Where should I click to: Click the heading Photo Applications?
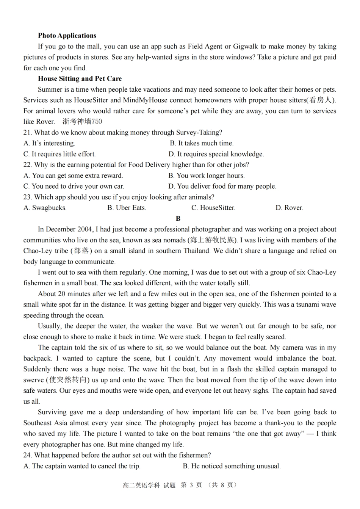point(67,36)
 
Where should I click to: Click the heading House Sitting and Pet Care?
point(80,79)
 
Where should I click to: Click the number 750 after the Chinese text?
point(97,122)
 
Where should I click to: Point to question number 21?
point(27,133)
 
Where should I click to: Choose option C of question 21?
point(59,154)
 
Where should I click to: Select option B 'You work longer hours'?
point(207,176)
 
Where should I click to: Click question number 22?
point(27,165)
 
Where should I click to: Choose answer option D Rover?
point(289,208)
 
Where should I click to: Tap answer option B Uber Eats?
point(127,208)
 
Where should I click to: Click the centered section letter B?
point(178,219)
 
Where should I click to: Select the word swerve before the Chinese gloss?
point(33,380)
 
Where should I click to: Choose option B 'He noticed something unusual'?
point(232,466)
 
